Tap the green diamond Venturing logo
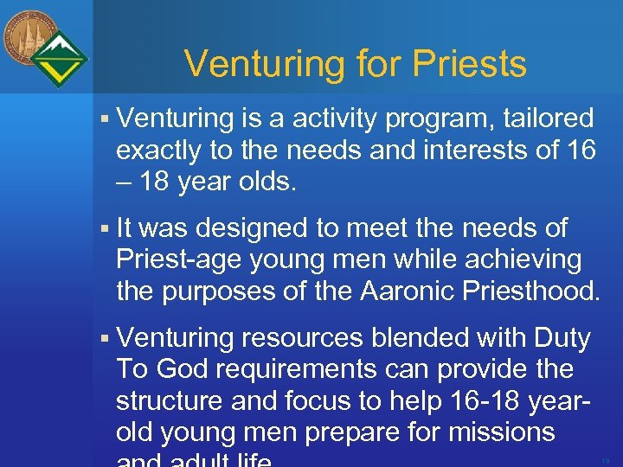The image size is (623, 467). [x=58, y=59]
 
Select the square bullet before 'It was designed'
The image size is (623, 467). [x=104, y=229]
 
